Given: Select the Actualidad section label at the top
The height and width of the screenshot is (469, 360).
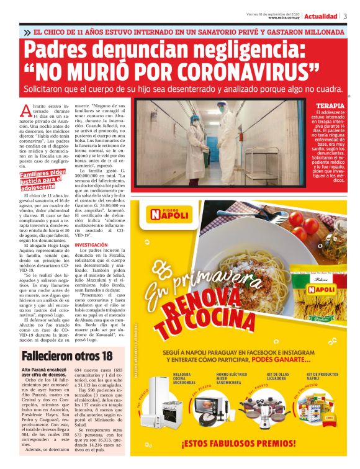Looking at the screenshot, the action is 322,16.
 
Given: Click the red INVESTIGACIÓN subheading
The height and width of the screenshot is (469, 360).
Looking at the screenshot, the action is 91,245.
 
